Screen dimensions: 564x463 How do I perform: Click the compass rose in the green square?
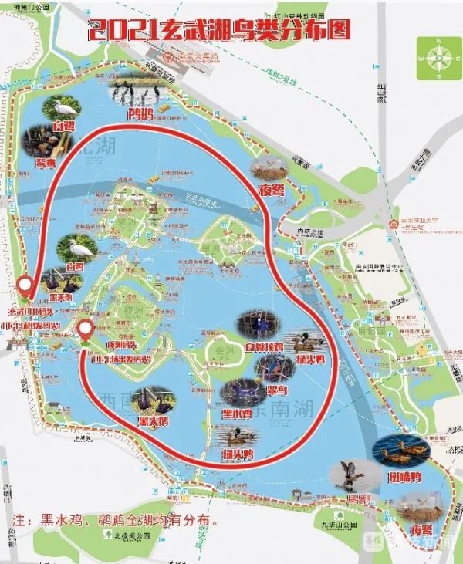coord(438,57)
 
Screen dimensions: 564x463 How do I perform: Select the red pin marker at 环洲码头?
coord(86,329)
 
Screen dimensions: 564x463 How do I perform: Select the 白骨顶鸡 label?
coord(260,347)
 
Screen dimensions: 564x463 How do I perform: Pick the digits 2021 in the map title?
coord(123,32)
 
